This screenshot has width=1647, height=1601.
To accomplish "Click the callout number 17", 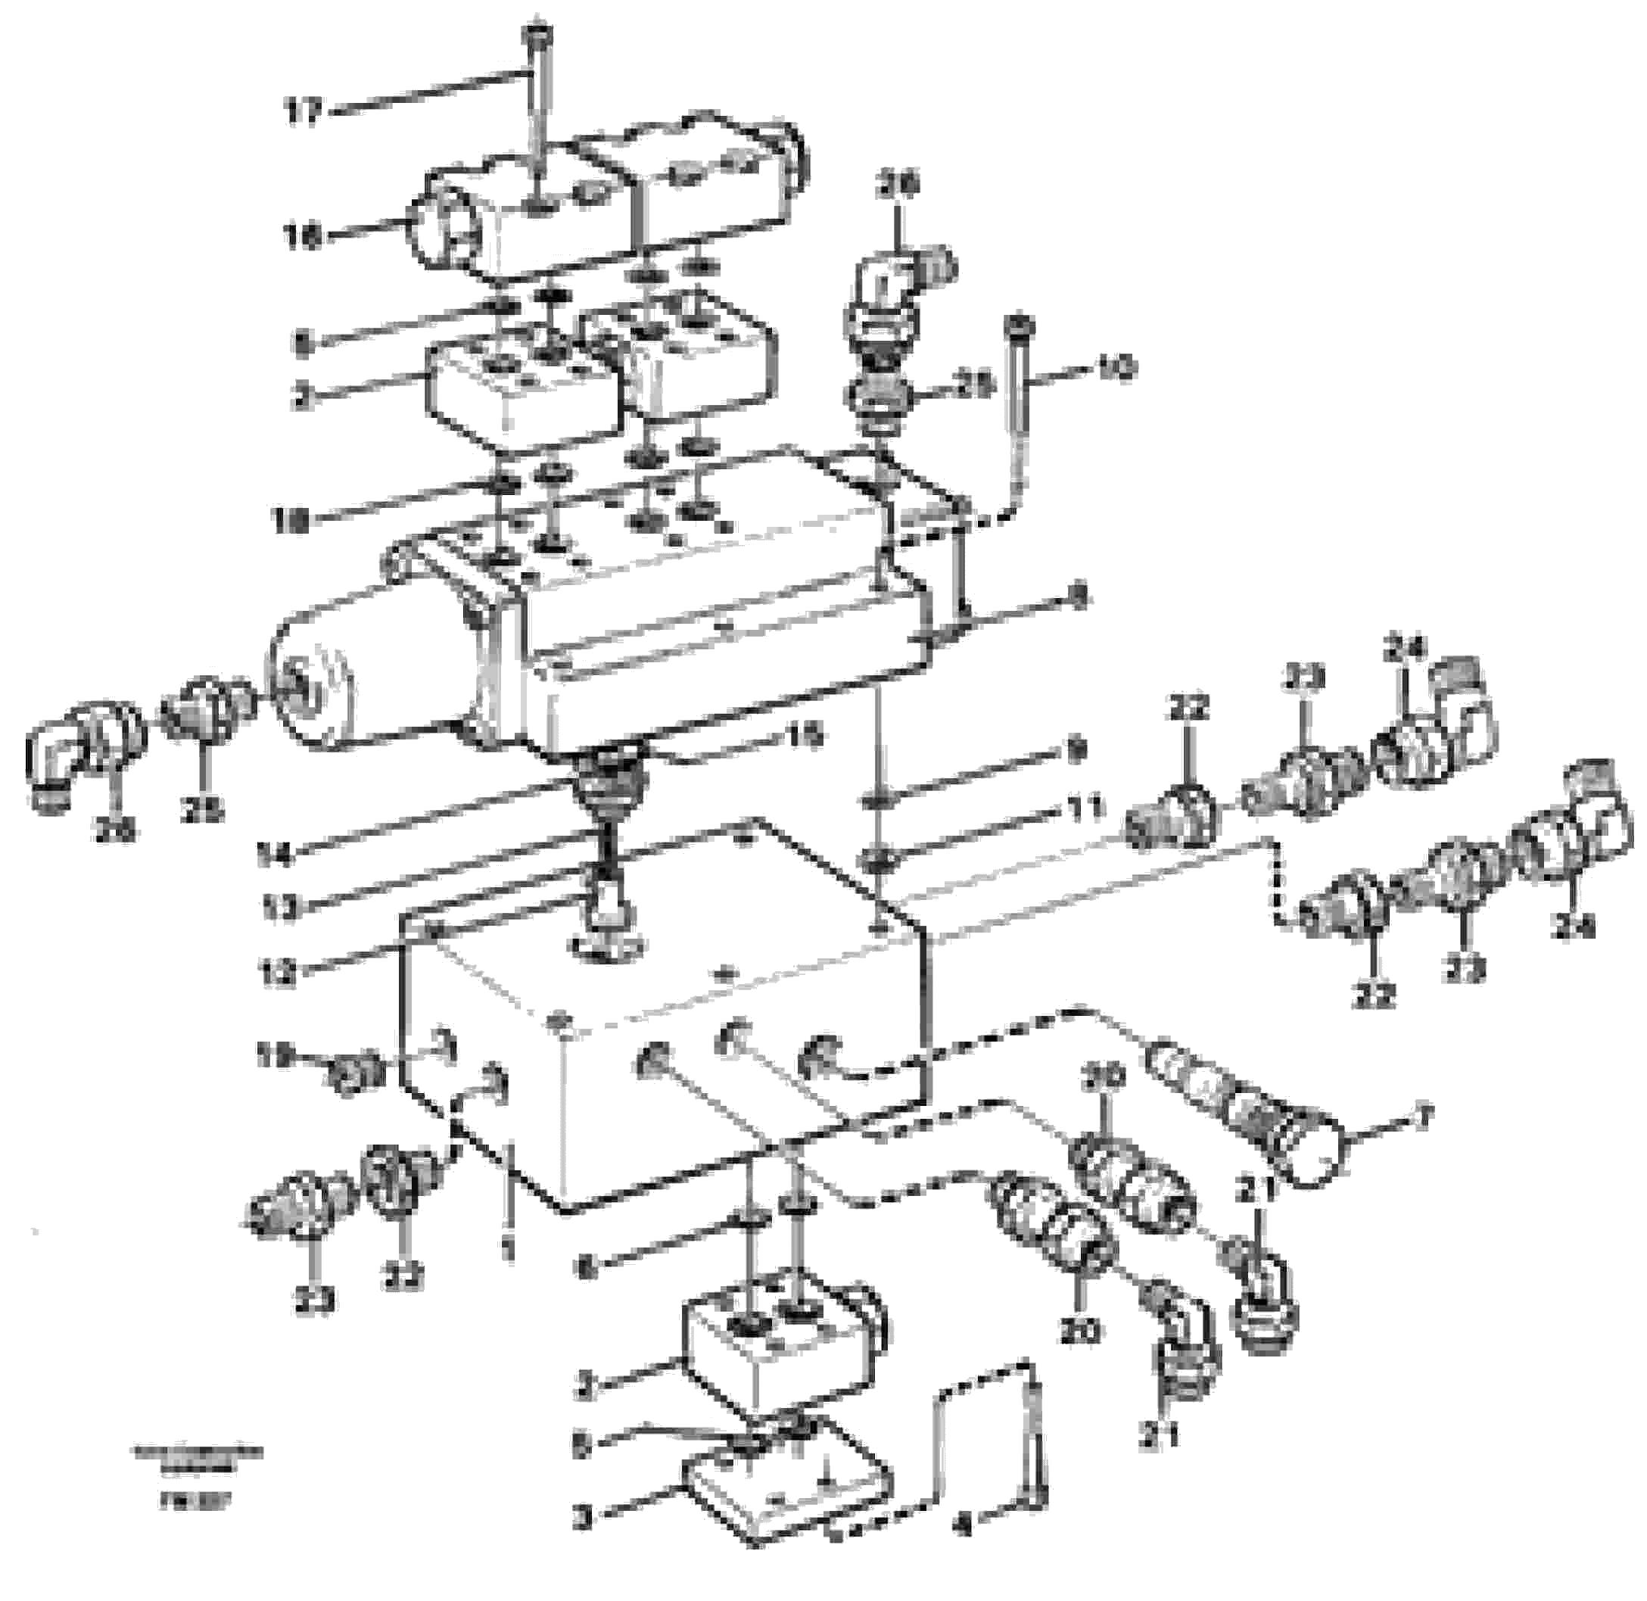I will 304,111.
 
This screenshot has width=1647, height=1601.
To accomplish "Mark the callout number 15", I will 804,737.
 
